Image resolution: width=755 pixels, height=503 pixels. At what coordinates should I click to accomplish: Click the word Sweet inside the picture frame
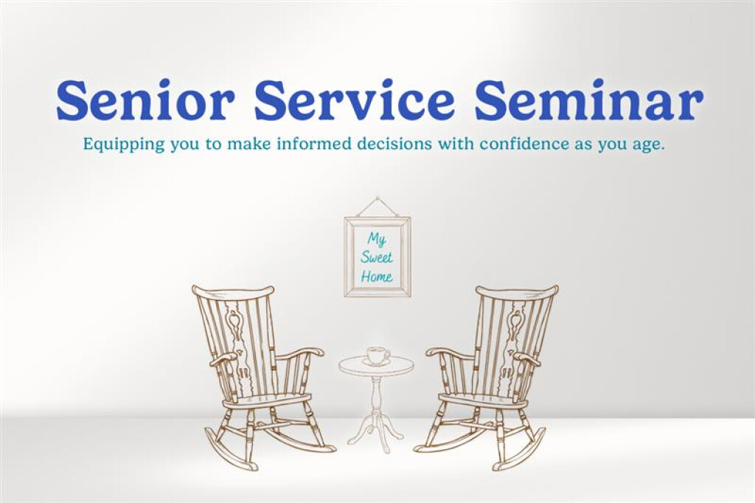(377, 257)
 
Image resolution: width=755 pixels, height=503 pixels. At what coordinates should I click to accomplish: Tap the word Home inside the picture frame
(377, 277)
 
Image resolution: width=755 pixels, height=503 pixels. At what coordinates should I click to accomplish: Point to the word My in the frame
(377, 240)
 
